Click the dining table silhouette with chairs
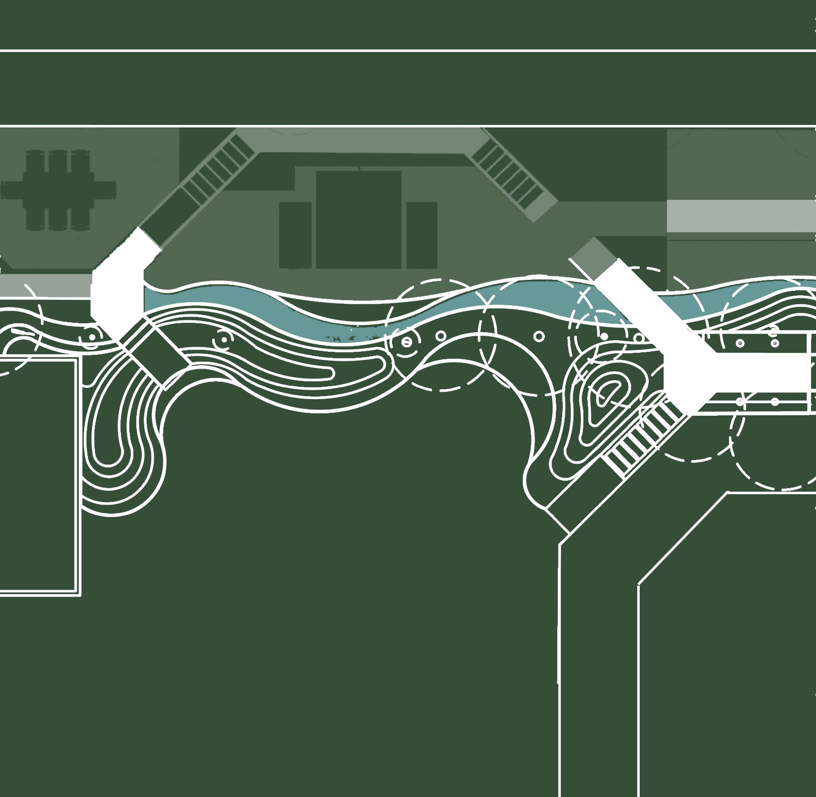tap(58, 190)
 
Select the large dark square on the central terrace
tap(359, 220)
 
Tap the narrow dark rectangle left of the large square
tap(295, 235)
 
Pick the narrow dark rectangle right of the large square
tap(422, 235)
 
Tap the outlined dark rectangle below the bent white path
tap(156, 354)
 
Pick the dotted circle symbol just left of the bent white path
tap(91, 337)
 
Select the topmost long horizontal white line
tap(408, 50)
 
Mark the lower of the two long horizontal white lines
tap(408, 126)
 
